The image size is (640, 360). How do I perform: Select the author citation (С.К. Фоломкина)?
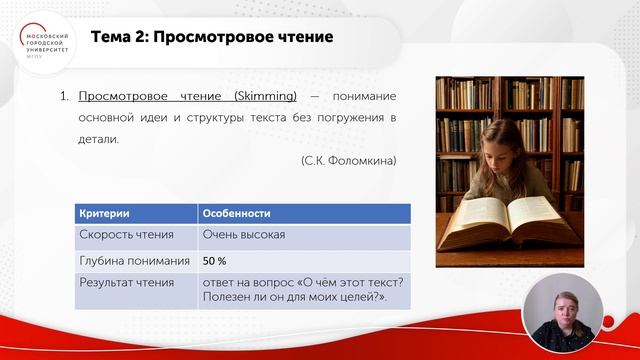tap(348, 160)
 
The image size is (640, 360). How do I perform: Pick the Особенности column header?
tap(241, 214)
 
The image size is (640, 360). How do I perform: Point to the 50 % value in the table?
tap(214, 261)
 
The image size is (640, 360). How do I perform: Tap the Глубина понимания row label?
tap(134, 261)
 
